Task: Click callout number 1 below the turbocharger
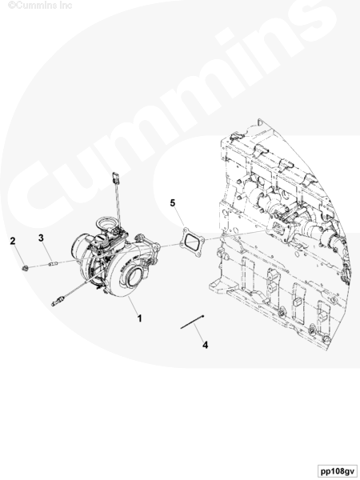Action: (x=139, y=318)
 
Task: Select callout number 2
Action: (x=13, y=241)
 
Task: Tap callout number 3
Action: (x=41, y=238)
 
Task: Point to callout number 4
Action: (x=205, y=345)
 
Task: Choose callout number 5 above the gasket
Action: (x=173, y=202)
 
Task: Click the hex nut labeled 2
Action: (x=25, y=269)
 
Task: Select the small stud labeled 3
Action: (x=52, y=264)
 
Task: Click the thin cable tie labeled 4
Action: (x=192, y=322)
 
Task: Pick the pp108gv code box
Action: (x=337, y=470)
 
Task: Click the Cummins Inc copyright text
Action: (x=40, y=6)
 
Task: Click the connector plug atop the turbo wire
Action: (x=116, y=178)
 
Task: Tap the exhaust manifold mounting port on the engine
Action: (x=278, y=228)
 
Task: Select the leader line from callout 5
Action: (x=180, y=218)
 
